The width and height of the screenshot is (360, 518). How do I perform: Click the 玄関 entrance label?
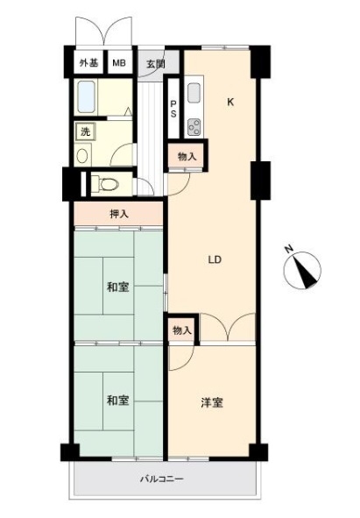156,63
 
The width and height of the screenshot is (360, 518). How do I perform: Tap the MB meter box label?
119,62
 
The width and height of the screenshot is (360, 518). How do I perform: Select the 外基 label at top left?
88,62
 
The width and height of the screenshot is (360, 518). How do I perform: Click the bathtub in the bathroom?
87,96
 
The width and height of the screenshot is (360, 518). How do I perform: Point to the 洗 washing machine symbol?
85,131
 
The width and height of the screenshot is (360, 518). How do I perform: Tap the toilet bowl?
109,184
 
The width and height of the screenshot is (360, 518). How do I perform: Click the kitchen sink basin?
194,93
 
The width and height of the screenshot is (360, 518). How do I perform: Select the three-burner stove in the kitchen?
194,127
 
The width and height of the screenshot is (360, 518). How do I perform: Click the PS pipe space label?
173,109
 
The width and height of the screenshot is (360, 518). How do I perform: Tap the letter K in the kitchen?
230,102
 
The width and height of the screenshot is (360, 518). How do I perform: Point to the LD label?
215,259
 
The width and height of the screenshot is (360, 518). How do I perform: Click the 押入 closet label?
119,215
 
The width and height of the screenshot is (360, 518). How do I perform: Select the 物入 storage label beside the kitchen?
187,157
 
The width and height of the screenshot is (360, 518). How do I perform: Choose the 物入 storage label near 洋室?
182,330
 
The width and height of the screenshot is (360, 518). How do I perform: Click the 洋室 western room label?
212,402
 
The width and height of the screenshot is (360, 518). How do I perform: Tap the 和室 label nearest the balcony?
118,401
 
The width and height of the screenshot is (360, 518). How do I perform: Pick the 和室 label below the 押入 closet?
118,287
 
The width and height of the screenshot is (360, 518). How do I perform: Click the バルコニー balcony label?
162,479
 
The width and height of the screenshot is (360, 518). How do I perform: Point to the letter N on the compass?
290,250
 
